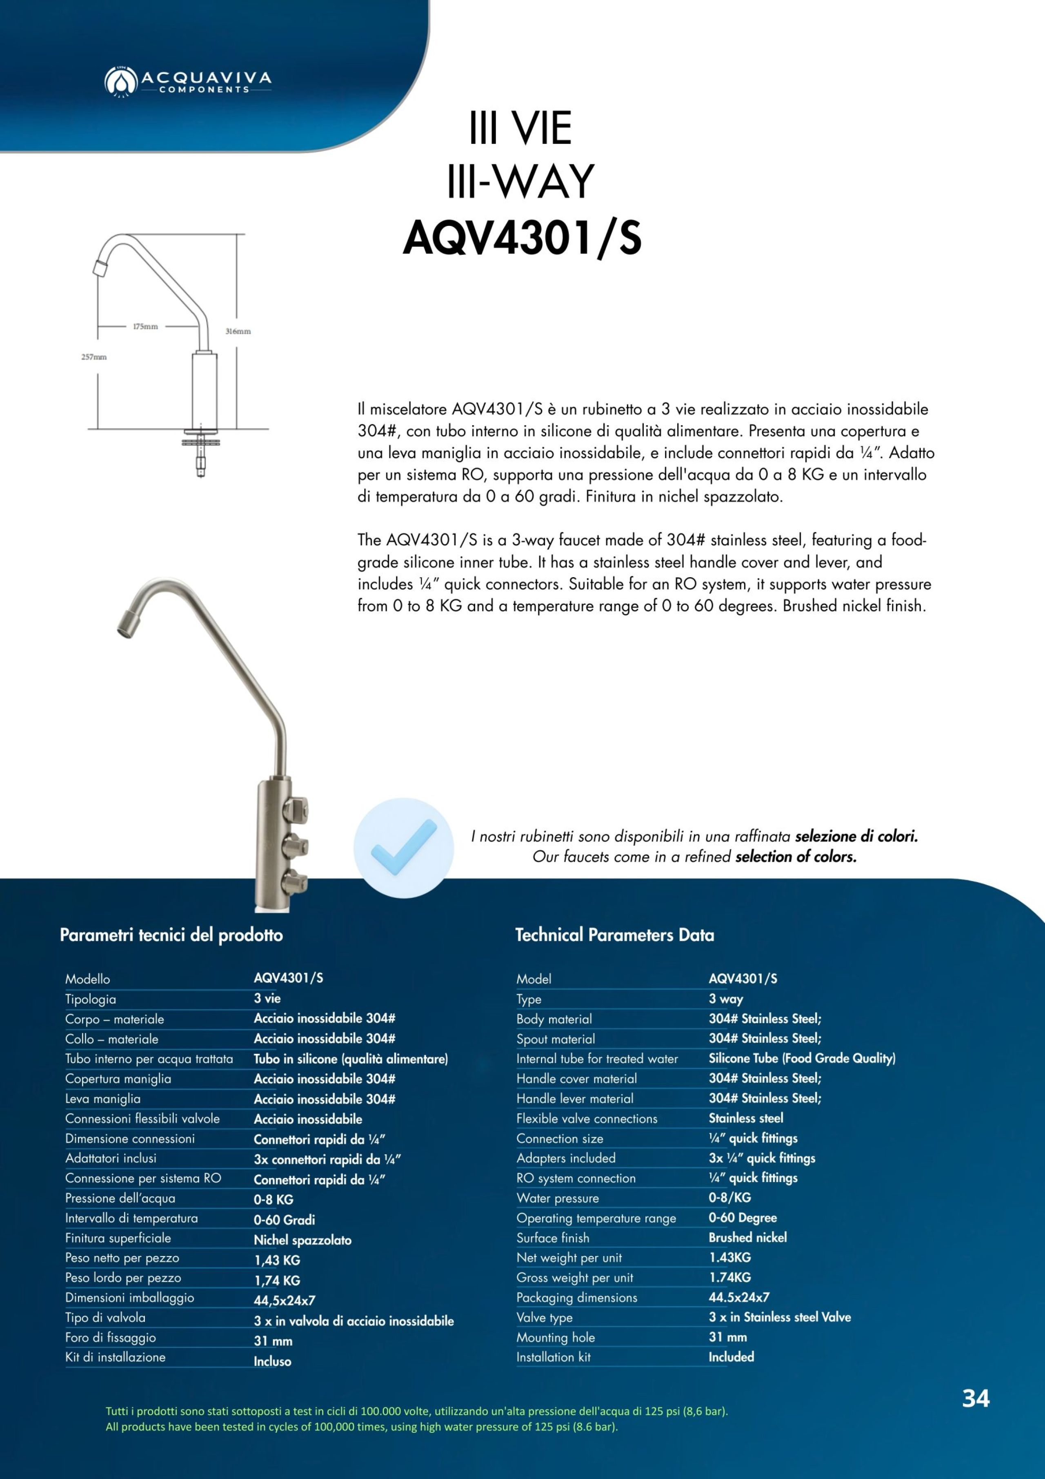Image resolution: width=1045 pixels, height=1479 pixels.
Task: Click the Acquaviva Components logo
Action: click(187, 80)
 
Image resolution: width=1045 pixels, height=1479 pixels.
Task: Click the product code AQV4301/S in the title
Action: click(522, 239)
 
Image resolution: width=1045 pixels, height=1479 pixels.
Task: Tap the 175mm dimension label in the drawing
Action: click(145, 327)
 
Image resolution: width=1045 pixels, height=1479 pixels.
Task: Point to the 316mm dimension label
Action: click(238, 331)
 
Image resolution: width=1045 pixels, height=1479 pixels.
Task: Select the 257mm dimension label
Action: click(94, 357)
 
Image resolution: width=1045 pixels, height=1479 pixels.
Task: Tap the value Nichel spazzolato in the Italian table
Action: click(302, 1240)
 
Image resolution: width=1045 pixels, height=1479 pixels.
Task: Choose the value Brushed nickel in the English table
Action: click(747, 1238)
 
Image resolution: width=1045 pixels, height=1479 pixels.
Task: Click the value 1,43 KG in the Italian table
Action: click(277, 1260)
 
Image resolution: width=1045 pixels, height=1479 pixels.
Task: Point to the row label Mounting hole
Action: click(555, 1338)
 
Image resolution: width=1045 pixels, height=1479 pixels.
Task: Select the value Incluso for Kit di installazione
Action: click(272, 1361)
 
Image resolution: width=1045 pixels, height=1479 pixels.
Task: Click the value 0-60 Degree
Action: click(743, 1218)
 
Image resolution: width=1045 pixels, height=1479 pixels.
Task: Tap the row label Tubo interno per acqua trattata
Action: click(149, 1059)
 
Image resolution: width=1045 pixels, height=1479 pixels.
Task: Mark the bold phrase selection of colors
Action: click(796, 857)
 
